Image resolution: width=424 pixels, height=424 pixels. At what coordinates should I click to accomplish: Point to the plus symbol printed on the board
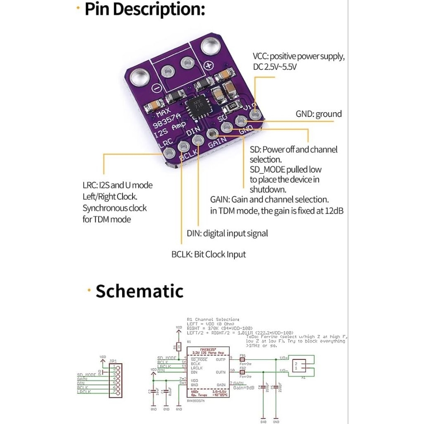[x=210, y=65]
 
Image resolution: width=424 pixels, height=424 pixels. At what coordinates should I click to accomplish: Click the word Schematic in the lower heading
[x=140, y=291]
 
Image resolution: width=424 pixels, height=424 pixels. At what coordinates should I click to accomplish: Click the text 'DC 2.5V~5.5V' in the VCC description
[x=275, y=67]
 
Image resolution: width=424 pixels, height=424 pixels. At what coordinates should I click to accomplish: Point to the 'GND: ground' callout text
[x=318, y=114]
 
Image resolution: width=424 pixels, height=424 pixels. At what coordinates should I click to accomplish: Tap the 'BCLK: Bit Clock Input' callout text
[x=208, y=254]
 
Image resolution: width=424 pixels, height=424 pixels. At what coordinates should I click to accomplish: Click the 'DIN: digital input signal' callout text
[x=227, y=233]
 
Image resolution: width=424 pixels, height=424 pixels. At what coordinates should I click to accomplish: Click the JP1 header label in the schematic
[x=112, y=361]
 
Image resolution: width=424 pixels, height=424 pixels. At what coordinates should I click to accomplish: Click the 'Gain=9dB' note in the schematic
[x=243, y=388]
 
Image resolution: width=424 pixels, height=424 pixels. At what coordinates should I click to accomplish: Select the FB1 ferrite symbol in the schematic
[x=243, y=360]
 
